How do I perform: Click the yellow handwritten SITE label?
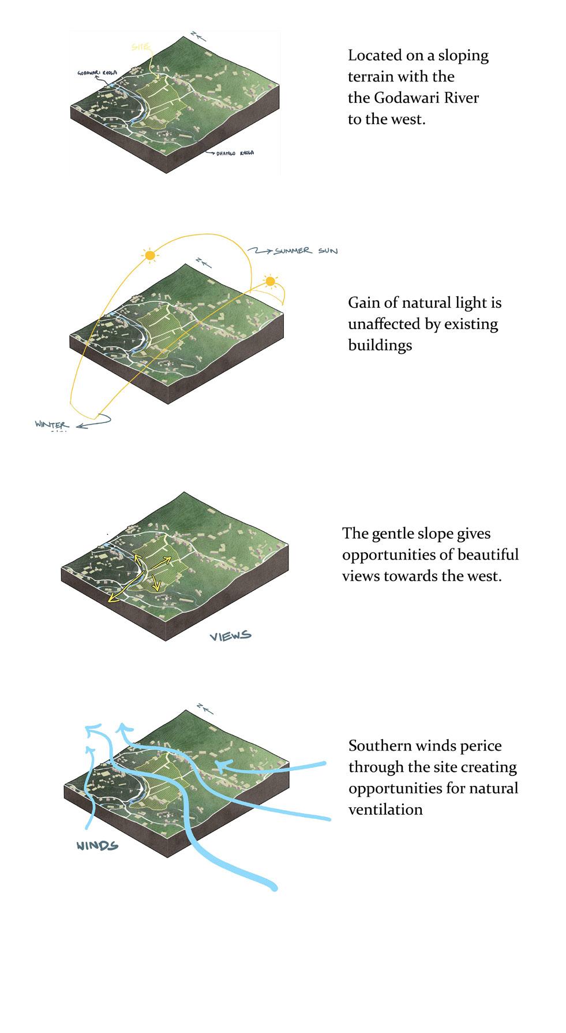140,46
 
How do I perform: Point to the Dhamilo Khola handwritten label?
234,153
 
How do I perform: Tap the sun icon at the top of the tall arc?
150,255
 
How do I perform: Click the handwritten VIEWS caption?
230,636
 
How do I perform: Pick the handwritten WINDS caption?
98,846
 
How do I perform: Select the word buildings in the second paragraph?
380,345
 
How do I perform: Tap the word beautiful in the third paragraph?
488,554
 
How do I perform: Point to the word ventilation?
385,810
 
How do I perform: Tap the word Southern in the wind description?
376,745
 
